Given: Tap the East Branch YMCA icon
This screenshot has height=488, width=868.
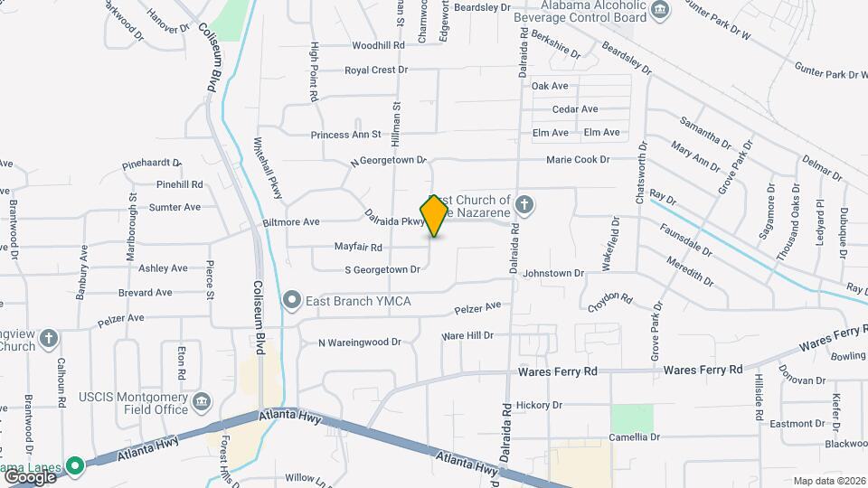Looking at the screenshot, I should (x=291, y=300).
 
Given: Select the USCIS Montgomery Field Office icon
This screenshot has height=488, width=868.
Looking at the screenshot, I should (x=202, y=400).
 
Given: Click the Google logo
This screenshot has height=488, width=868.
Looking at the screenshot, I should (x=30, y=476).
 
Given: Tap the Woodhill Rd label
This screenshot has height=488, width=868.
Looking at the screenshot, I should (x=378, y=45).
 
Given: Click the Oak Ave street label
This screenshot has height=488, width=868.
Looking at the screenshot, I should (x=550, y=86).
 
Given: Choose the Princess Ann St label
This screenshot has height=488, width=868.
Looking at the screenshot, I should (x=347, y=135).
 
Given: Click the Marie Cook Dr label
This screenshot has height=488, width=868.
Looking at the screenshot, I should (x=578, y=160).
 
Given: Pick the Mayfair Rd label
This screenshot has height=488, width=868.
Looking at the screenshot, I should (x=358, y=247).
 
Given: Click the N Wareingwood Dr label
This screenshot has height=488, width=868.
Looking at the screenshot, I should (x=359, y=343).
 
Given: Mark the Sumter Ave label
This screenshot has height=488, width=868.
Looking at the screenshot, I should (x=175, y=207).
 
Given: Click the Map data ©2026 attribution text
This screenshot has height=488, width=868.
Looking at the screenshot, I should (x=829, y=481).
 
